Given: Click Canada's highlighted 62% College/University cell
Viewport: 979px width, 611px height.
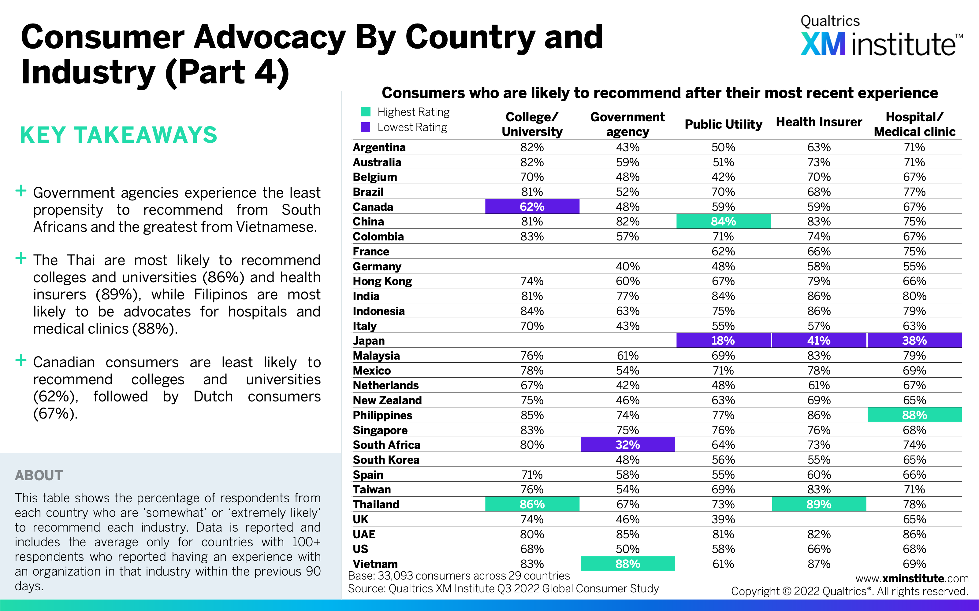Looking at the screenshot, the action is point(532,207).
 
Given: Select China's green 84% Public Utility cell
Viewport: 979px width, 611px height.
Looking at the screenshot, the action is point(723,221).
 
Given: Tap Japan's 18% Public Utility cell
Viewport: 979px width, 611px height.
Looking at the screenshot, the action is point(723,340).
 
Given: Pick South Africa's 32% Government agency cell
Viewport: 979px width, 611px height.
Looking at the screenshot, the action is point(628,445).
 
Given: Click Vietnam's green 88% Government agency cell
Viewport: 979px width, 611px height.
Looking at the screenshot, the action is point(628,564).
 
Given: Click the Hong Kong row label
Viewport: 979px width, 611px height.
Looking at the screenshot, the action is point(382,281).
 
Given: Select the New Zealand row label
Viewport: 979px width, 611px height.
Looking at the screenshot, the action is point(387,400).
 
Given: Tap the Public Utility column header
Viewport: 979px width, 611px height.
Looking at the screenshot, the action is point(723,124).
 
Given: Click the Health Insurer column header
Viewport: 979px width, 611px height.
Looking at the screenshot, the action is point(819,122).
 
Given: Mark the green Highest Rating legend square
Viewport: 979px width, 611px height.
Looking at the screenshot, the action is point(365,112).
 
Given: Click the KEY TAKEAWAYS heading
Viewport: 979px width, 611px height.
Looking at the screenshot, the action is point(118,135).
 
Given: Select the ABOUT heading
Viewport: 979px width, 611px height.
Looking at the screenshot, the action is point(39,475).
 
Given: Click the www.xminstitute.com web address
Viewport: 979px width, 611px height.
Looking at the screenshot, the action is point(912,578).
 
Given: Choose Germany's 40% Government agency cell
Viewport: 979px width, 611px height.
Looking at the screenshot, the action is point(628,266).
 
